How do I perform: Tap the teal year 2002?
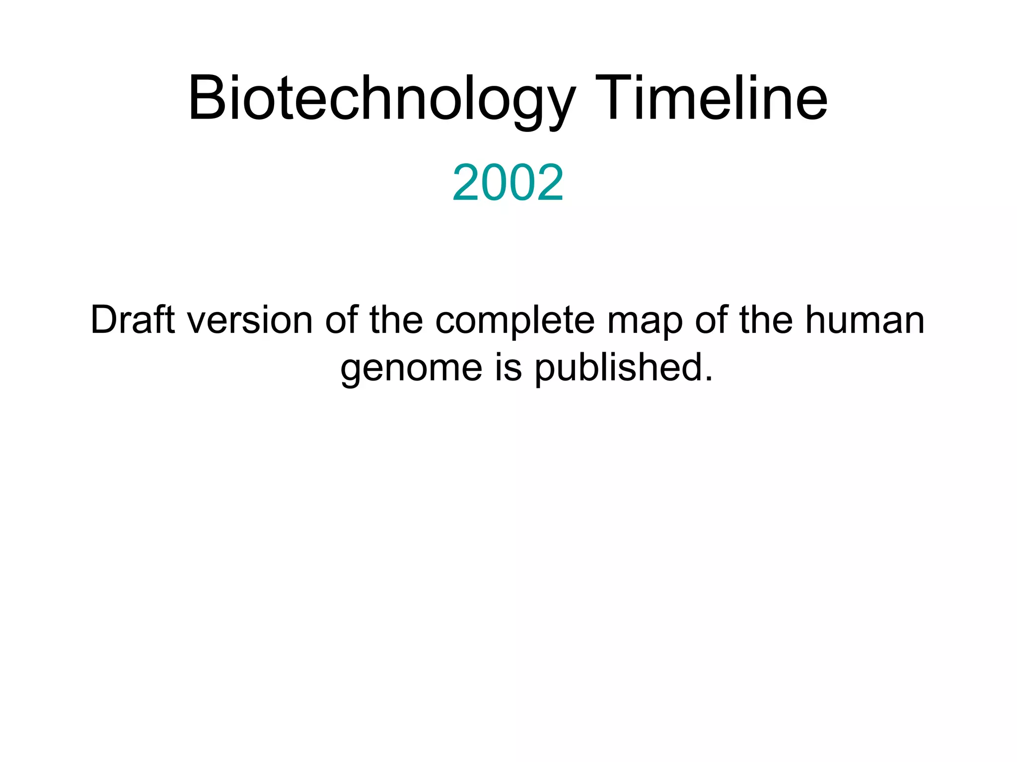pyautogui.click(x=508, y=183)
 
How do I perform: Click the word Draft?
pyautogui.click(x=132, y=320)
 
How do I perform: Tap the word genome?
pyautogui.click(x=411, y=368)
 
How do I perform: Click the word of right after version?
pyautogui.click(x=341, y=320)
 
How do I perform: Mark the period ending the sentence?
pyautogui.click(x=709, y=380)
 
